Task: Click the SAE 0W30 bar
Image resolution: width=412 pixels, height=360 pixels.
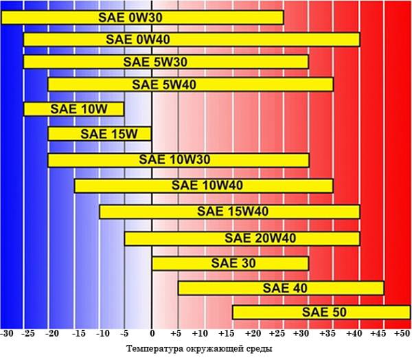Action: pyautogui.click(x=142, y=17)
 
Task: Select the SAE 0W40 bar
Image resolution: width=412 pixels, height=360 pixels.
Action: pyautogui.click(x=192, y=39)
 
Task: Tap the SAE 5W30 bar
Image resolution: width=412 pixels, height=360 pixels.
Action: pyautogui.click(x=166, y=62)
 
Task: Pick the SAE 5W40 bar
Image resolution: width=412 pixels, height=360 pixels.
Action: pyautogui.click(x=190, y=85)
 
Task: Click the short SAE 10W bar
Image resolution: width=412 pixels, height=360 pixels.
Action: pyautogui.click(x=74, y=109)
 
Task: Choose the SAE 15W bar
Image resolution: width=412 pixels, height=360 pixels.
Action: pyautogui.click(x=100, y=133)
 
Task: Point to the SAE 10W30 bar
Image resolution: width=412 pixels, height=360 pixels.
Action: pyautogui.click(x=179, y=160)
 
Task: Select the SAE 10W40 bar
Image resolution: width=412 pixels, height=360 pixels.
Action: pyautogui.click(x=204, y=185)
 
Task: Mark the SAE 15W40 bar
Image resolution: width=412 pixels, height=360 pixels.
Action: pyautogui.click(x=229, y=212)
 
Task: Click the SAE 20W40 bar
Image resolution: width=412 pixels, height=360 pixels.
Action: pyautogui.click(x=242, y=238)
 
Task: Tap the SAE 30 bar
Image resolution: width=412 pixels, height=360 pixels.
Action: pyautogui.click(x=230, y=263)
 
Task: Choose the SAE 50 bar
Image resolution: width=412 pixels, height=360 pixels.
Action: pyautogui.click(x=321, y=313)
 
